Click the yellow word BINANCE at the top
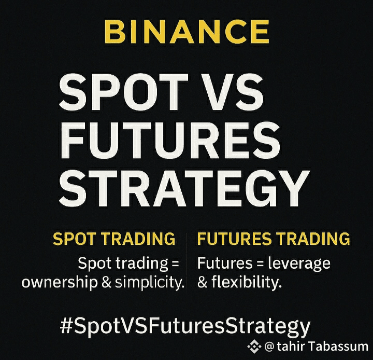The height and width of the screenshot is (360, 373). pyautogui.click(x=187, y=32)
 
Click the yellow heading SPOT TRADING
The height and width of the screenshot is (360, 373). pyautogui.click(x=114, y=239)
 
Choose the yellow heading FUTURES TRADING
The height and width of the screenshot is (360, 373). pyautogui.click(x=274, y=239)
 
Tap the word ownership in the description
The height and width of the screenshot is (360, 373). pyautogui.click(x=60, y=283)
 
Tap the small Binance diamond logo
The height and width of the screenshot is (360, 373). pyautogui.click(x=254, y=347)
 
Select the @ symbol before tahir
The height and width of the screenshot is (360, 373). pyautogui.click(x=269, y=347)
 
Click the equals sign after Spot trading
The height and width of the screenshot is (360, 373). pyautogui.click(x=175, y=264)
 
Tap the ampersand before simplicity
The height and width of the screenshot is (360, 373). pyautogui.click(x=107, y=283)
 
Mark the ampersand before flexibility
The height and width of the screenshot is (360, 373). pyautogui.click(x=203, y=283)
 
